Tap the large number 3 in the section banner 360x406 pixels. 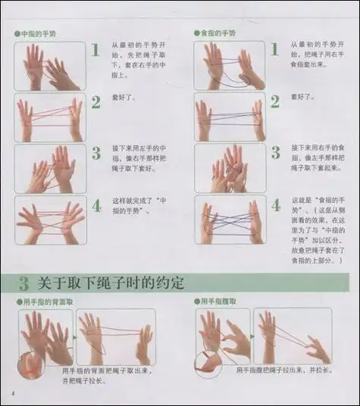pos(24,284)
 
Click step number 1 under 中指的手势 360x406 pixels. pos(95,51)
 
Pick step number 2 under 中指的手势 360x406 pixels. pos(95,102)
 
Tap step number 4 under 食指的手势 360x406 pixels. pos(276,205)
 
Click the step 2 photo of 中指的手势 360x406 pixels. pos(50,117)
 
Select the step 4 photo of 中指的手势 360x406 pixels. pos(50,220)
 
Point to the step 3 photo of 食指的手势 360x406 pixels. pos(230,168)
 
